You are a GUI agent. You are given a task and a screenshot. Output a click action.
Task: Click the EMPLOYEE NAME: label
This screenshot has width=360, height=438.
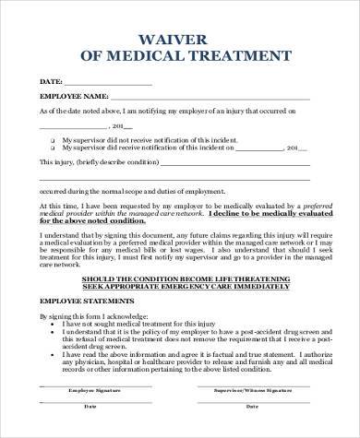tap(73, 95)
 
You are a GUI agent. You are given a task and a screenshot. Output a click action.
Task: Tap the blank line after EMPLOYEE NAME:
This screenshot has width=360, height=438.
tap(212, 97)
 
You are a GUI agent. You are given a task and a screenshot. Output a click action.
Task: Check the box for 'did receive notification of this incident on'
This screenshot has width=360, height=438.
tap(54, 147)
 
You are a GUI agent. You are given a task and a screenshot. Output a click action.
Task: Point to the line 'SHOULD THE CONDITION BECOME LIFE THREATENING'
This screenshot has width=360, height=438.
tap(181, 277)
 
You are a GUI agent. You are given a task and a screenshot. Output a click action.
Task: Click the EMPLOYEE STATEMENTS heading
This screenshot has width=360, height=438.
tap(83, 301)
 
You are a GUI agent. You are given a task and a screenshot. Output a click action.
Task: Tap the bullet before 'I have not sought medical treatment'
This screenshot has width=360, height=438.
tap(54, 324)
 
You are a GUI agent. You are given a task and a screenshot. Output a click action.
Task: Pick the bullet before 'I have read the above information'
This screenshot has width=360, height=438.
tap(54, 354)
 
